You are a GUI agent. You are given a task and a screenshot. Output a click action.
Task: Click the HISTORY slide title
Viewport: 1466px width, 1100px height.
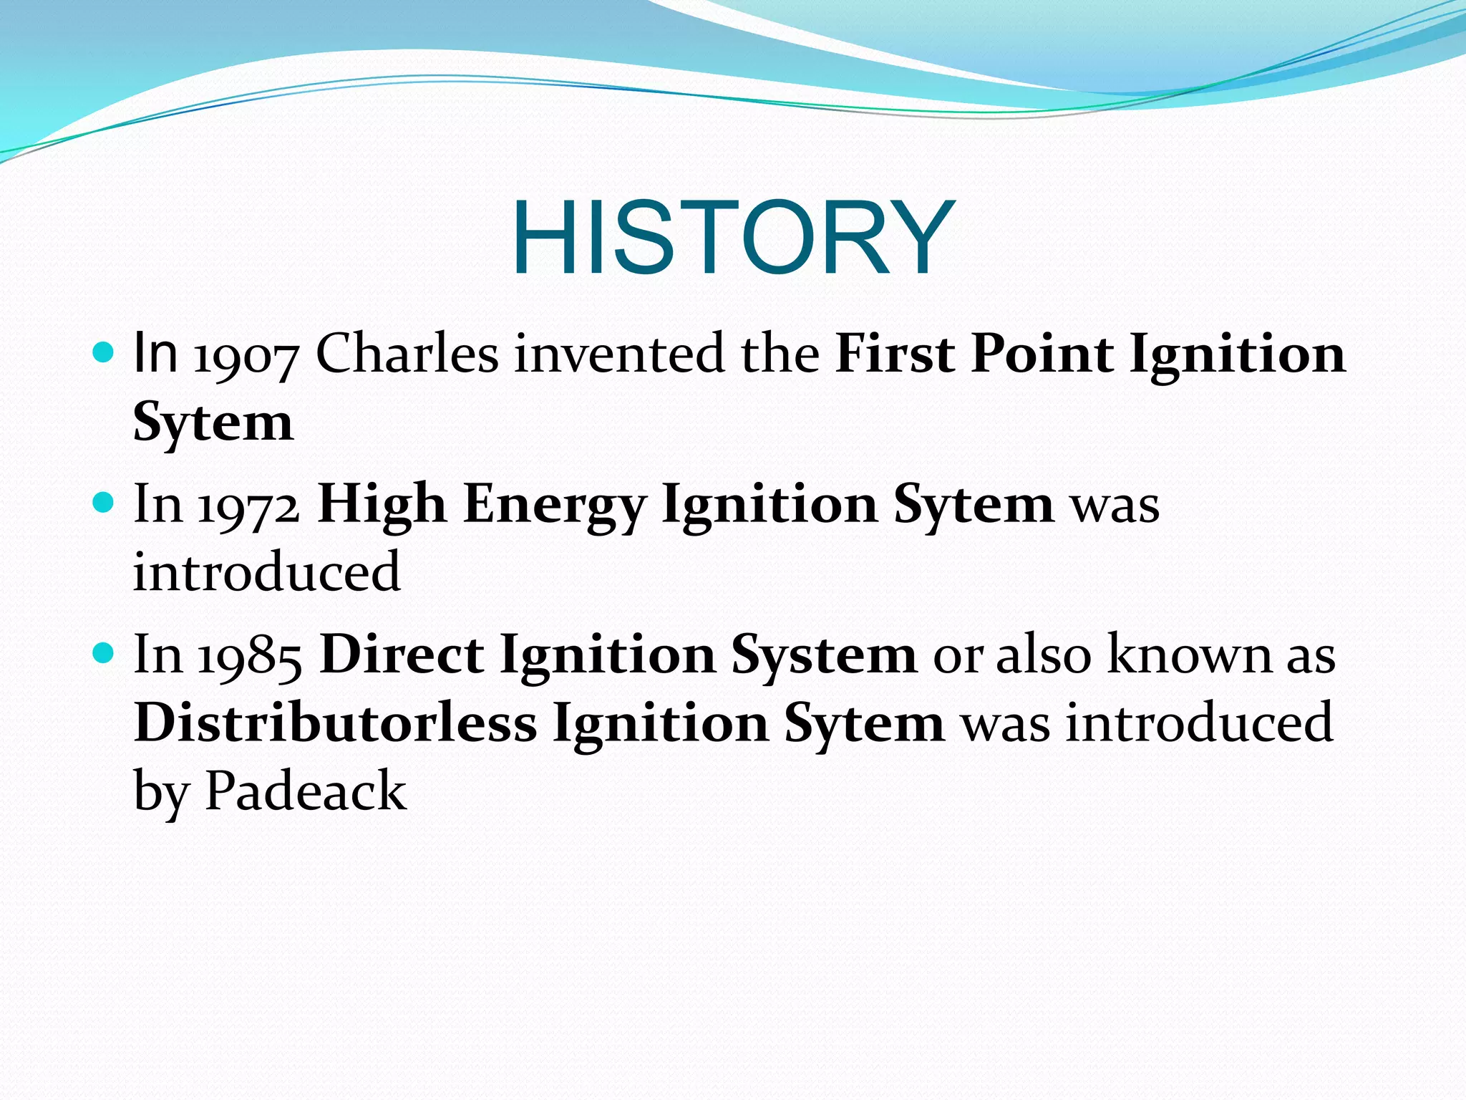pyautogui.click(x=733, y=238)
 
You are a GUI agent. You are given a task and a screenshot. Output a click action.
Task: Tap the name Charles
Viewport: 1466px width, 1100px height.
pyautogui.click(x=407, y=354)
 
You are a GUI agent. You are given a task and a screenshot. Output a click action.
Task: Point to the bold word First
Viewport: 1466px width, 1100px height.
pyautogui.click(x=895, y=354)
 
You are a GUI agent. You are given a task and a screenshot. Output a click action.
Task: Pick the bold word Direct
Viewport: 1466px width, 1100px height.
pyautogui.click(x=402, y=655)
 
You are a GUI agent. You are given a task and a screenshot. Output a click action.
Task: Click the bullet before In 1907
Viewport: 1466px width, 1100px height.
pyautogui.click(x=104, y=353)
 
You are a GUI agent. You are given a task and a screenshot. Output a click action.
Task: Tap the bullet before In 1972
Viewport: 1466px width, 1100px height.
pyautogui.click(x=104, y=503)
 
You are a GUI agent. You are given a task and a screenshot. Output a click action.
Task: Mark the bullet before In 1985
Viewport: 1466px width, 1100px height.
pyautogui.click(x=104, y=653)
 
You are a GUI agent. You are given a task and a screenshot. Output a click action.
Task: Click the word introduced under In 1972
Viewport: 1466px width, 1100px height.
pyautogui.click(x=266, y=573)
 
